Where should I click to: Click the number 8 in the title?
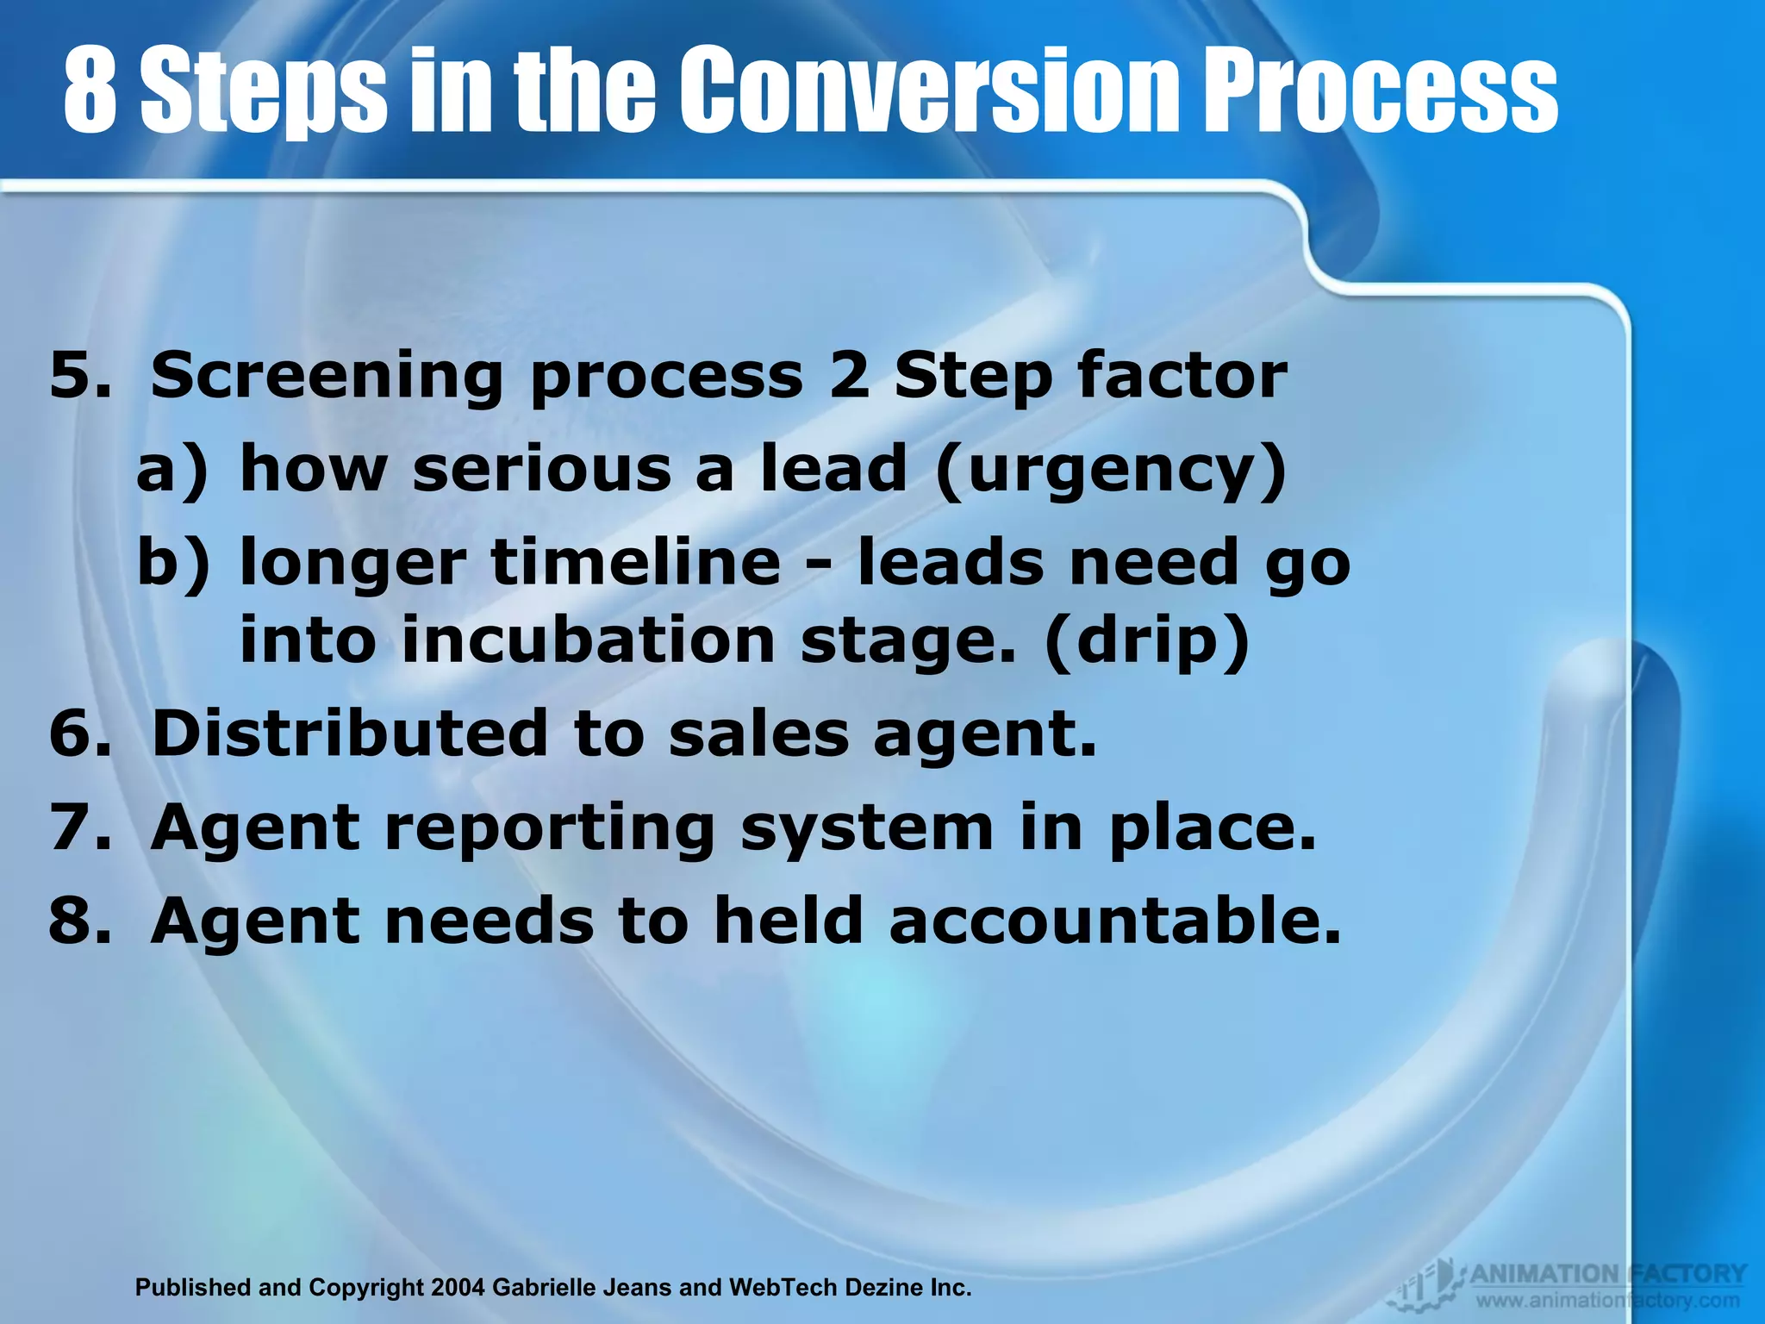pos(90,91)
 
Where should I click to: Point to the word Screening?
pos(326,378)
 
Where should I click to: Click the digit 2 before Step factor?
pos(849,376)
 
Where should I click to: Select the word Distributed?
pos(350,734)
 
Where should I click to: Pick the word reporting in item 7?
pos(549,827)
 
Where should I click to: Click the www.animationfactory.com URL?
pos(1608,1301)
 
